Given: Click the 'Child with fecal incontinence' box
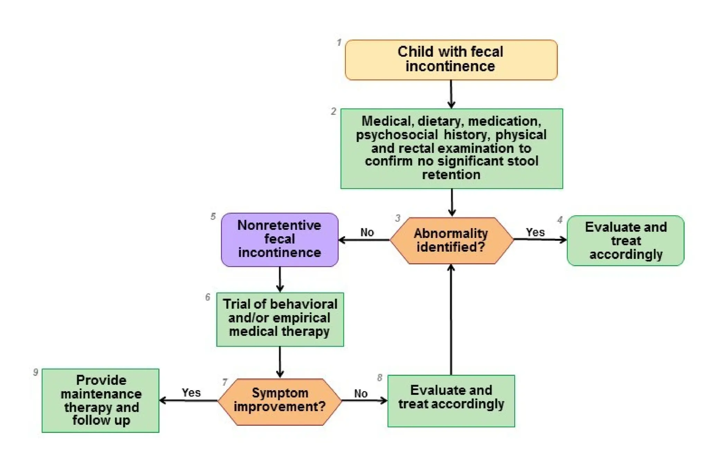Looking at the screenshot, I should point(451,60).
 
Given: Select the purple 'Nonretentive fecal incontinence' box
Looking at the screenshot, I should point(279,239).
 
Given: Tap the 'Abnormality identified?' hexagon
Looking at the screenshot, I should point(451,240).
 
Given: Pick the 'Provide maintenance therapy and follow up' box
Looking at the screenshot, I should point(100,400).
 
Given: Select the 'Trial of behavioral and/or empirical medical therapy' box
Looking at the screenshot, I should point(280,319).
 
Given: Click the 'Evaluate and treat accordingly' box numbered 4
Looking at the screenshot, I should point(625,241).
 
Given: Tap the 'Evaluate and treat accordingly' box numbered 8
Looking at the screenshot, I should point(451,400).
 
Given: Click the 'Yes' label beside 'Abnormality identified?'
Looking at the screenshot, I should point(535,232).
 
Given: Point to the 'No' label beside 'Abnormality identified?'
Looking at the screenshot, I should point(367,232).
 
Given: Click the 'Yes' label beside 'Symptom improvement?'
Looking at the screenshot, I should point(191,392).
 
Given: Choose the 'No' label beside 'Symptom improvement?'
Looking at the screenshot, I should point(360,393).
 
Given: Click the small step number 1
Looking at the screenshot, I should point(339,42).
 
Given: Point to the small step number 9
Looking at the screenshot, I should point(35,372).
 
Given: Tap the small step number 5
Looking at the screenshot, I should point(213,216).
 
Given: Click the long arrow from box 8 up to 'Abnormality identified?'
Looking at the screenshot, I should point(451,319).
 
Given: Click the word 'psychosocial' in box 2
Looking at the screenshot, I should point(397,134).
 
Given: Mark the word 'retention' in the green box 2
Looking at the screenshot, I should point(451,175).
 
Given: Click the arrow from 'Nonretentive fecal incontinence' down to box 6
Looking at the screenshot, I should point(280,279).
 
